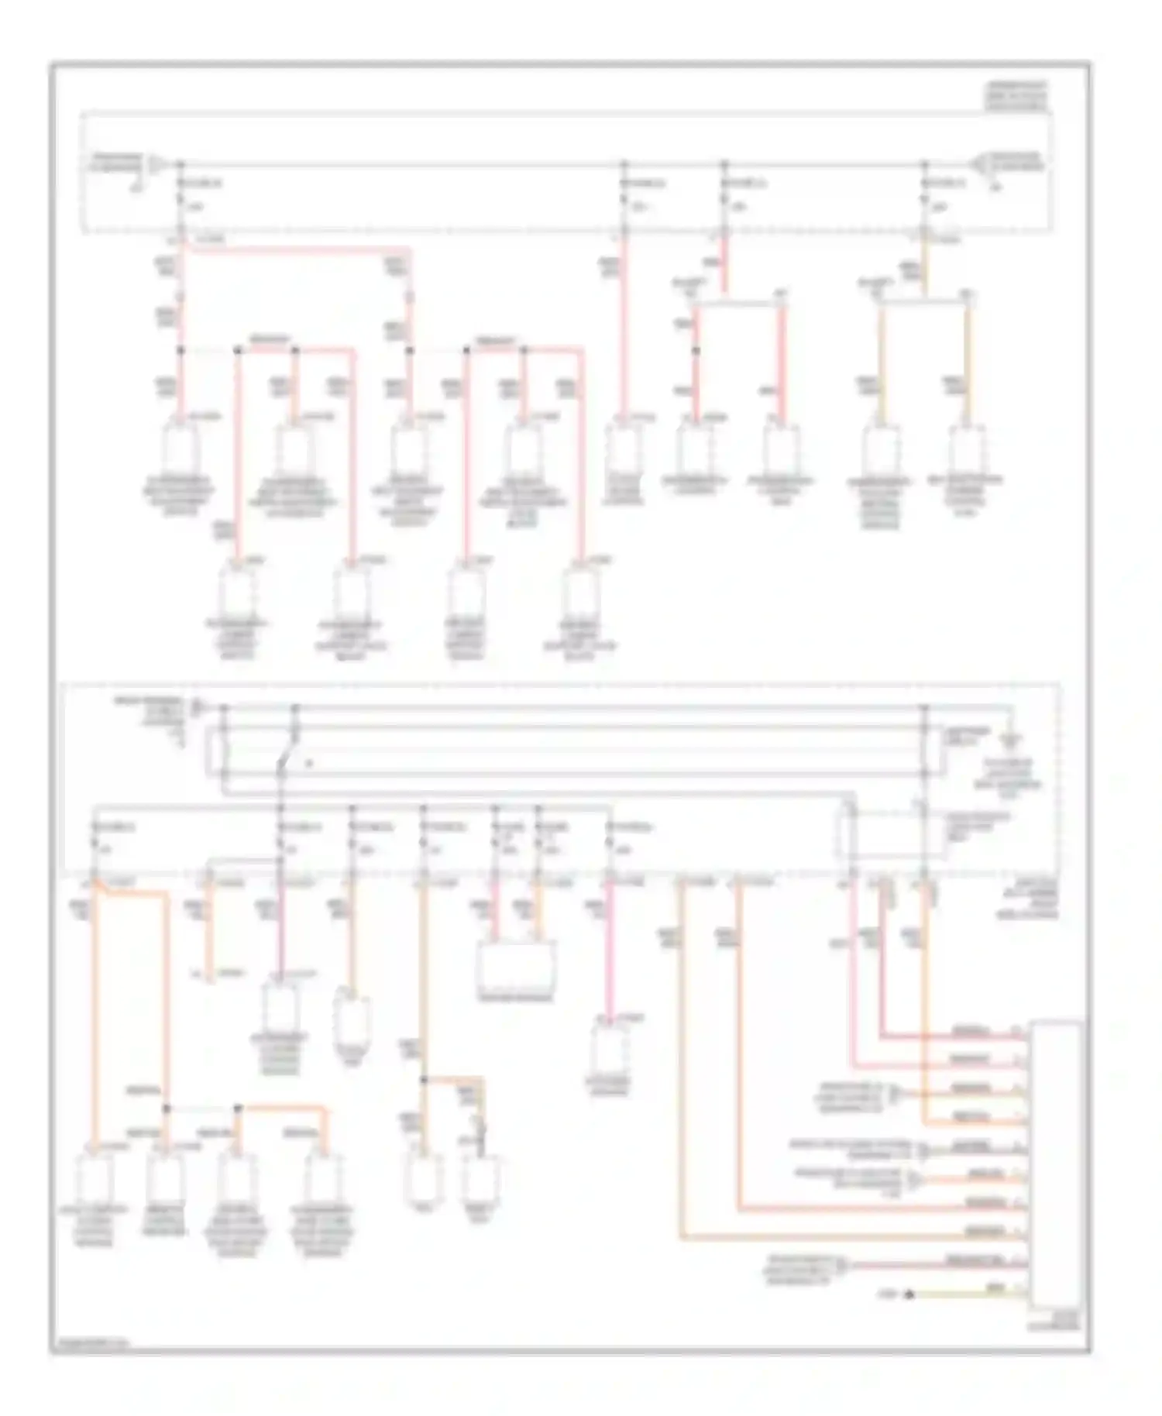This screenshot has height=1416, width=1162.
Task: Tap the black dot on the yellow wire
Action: coord(909,1294)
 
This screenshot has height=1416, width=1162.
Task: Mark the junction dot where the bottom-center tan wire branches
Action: coord(423,1079)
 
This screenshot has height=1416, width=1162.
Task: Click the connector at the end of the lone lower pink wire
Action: coord(610,1047)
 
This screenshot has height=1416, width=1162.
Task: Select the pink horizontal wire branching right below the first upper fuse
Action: coord(294,249)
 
